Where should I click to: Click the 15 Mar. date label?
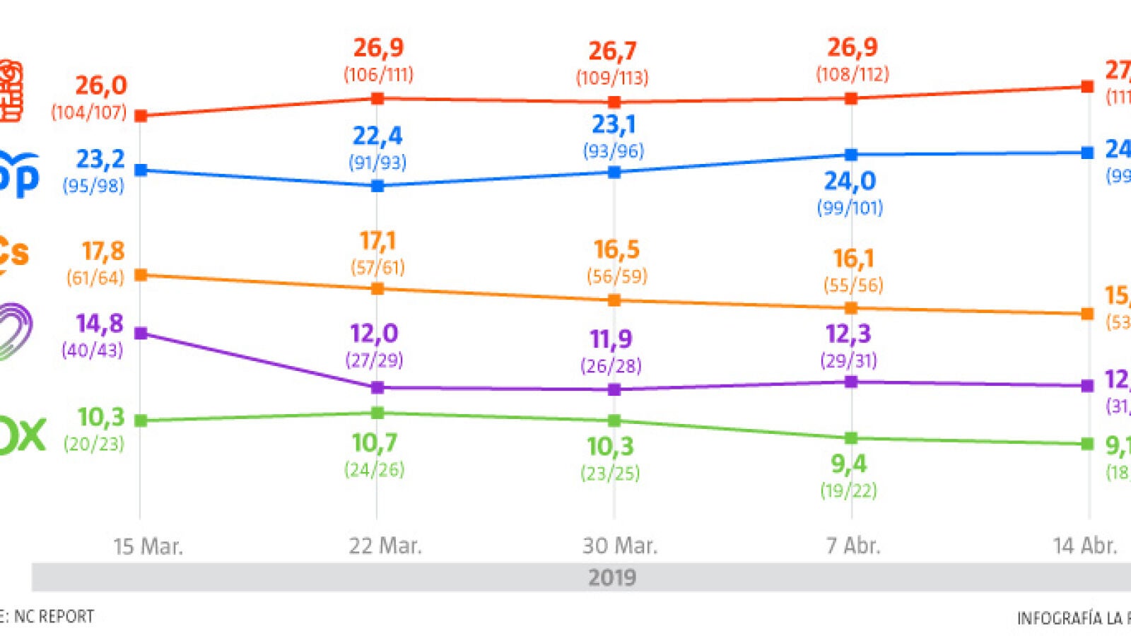click(x=148, y=546)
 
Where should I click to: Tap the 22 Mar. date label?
click(x=385, y=546)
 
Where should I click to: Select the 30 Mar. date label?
click(x=620, y=546)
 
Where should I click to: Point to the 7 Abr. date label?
click(x=853, y=546)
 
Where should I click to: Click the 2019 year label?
click(x=612, y=577)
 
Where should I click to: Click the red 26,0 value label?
click(x=101, y=86)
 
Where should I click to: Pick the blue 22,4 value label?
click(x=377, y=136)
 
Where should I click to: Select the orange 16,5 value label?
click(x=616, y=249)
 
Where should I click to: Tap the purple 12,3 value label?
click(x=848, y=334)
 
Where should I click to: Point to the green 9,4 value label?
click(x=848, y=464)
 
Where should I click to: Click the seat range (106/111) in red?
click(x=378, y=74)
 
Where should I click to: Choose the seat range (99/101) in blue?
click(x=850, y=208)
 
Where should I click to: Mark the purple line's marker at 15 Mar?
click(x=141, y=333)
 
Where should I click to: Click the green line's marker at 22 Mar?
click(x=377, y=413)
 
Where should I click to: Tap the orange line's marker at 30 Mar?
click(x=614, y=300)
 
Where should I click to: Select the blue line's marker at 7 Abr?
click(x=851, y=155)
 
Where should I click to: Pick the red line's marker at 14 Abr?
click(x=1087, y=86)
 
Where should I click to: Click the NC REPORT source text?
click(x=54, y=616)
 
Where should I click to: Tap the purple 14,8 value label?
click(x=100, y=324)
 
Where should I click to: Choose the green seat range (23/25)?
click(x=610, y=473)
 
